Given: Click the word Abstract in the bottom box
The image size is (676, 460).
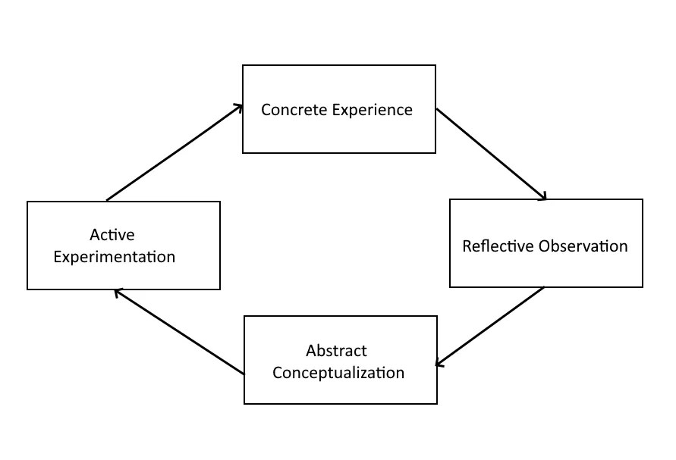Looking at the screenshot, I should [337, 351].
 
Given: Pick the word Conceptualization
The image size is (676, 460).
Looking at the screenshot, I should [338, 373].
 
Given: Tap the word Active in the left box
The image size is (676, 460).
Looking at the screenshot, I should [112, 235].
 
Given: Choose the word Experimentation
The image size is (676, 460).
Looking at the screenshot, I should [114, 257].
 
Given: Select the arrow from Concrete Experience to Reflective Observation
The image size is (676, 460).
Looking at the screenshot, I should [491, 155].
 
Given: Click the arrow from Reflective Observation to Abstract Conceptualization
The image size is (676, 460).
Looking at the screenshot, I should [490, 327].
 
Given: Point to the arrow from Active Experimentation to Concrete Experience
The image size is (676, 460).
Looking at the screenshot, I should [175, 153].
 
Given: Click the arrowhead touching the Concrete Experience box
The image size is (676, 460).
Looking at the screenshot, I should [238, 108].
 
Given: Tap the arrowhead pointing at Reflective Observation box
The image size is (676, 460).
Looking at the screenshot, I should [542, 196].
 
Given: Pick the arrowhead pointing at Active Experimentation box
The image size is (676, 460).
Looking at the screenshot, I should [118, 292].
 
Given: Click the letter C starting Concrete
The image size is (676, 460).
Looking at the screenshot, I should [266, 110].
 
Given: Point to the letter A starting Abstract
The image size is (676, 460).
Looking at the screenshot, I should [311, 351].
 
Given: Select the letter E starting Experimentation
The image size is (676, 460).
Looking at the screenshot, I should [57, 257].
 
